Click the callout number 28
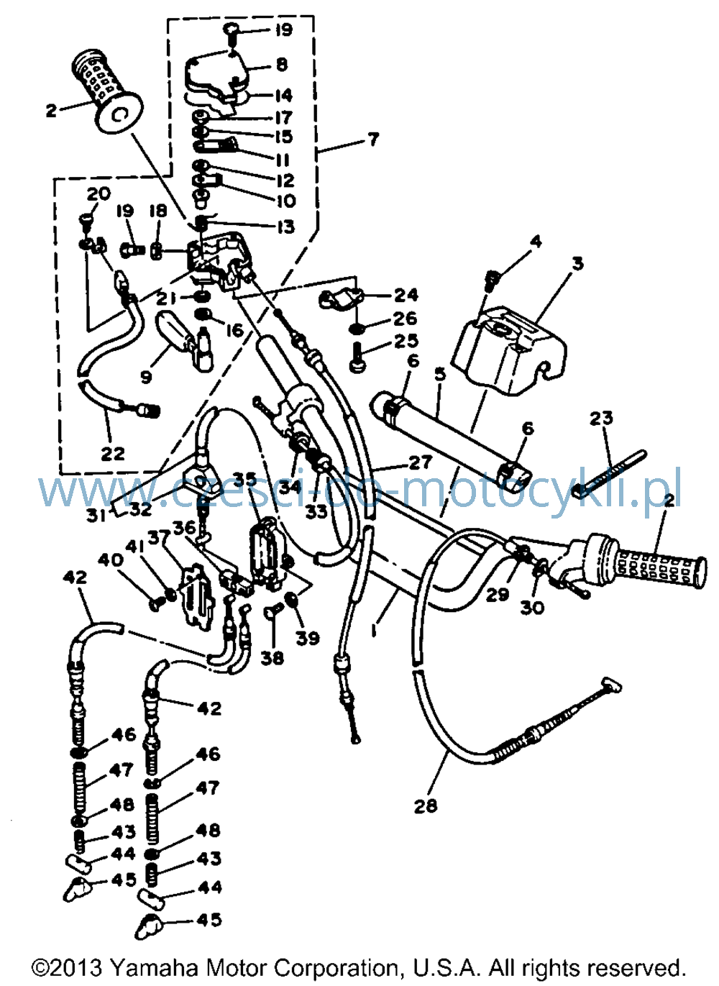coord(426,805)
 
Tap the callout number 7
coord(372,140)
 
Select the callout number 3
coord(577,264)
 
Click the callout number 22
coord(113,454)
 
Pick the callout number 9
coord(146,377)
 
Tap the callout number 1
coord(374,631)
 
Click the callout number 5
coord(440,374)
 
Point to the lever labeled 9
coord(185,340)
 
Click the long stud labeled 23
coord(610,474)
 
